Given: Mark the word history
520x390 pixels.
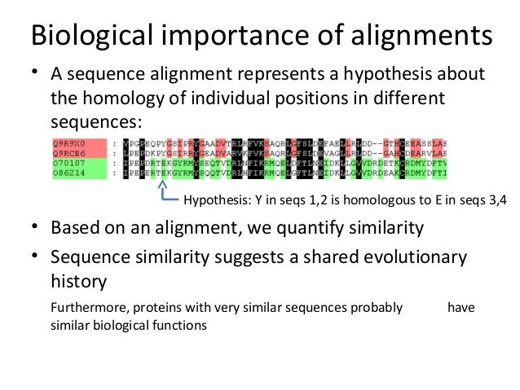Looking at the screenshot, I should click(79, 282).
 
